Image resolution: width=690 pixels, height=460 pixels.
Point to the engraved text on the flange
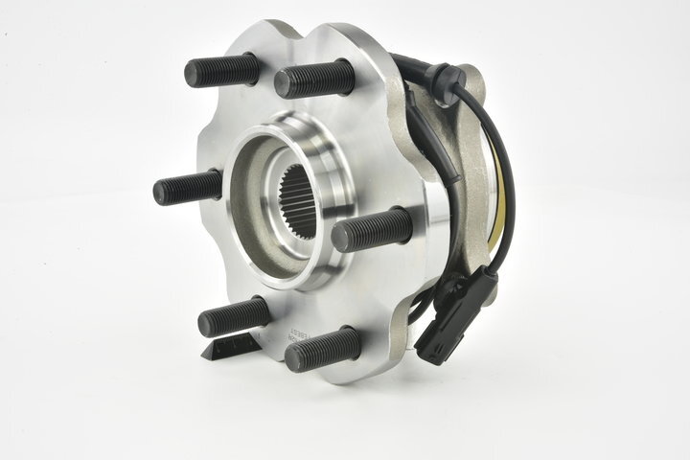pos(286,335)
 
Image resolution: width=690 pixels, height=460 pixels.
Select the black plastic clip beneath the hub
pos(231,344)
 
